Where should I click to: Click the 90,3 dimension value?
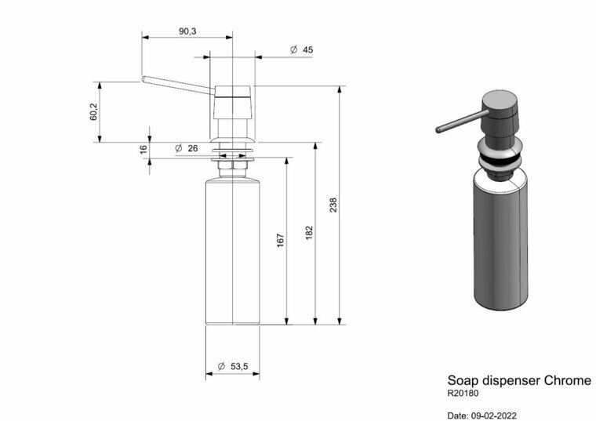pos(187,31)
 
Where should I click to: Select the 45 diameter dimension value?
pos(308,49)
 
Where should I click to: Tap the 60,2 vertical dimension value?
pos(93,112)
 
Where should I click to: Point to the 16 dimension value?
pos(144,149)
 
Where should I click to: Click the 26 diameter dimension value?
pos(193,148)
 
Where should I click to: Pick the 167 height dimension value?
pos(281,241)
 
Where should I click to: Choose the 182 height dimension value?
pos(309,233)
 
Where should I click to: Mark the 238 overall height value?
pos(333,205)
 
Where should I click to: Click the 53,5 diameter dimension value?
pos(239,366)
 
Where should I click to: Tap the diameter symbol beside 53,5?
pos(221,366)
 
